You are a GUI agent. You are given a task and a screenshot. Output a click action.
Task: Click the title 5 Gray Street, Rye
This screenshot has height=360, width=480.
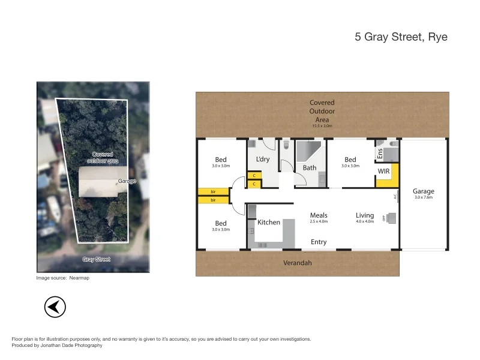(x=401, y=37)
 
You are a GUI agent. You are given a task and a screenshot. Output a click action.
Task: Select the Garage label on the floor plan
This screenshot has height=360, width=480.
(x=423, y=191)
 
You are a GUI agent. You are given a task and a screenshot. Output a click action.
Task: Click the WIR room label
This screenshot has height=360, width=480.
(x=384, y=172)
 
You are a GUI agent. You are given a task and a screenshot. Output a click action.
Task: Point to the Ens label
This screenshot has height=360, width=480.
(x=379, y=153)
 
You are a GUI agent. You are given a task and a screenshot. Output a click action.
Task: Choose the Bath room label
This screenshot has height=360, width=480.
(x=310, y=168)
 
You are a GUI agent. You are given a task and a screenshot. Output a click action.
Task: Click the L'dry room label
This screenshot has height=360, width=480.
(x=262, y=159)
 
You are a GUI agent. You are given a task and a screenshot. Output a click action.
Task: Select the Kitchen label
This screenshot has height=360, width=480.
(x=269, y=222)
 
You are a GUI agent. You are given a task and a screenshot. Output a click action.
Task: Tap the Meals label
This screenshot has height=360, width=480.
(x=318, y=215)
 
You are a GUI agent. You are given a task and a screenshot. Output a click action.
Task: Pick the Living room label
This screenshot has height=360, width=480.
(x=365, y=215)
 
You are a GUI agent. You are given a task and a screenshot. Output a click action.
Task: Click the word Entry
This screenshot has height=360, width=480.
(x=319, y=242)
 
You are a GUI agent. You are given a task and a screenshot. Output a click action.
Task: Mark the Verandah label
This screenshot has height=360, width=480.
(x=298, y=263)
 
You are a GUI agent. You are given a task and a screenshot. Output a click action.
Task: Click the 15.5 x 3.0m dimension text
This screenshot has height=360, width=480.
(x=322, y=126)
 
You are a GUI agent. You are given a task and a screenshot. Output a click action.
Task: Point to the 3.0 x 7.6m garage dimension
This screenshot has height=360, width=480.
(x=423, y=197)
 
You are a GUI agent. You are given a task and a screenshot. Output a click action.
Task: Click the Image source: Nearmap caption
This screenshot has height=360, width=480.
(x=63, y=278)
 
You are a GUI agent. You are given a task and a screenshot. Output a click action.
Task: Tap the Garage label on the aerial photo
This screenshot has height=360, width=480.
(x=127, y=181)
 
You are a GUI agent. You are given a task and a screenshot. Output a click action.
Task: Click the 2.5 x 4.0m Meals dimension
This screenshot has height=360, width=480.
(x=319, y=221)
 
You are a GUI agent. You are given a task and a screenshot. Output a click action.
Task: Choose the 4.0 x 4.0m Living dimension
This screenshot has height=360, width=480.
(x=365, y=221)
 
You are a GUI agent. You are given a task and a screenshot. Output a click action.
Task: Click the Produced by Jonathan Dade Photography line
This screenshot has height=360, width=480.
(x=57, y=345)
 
